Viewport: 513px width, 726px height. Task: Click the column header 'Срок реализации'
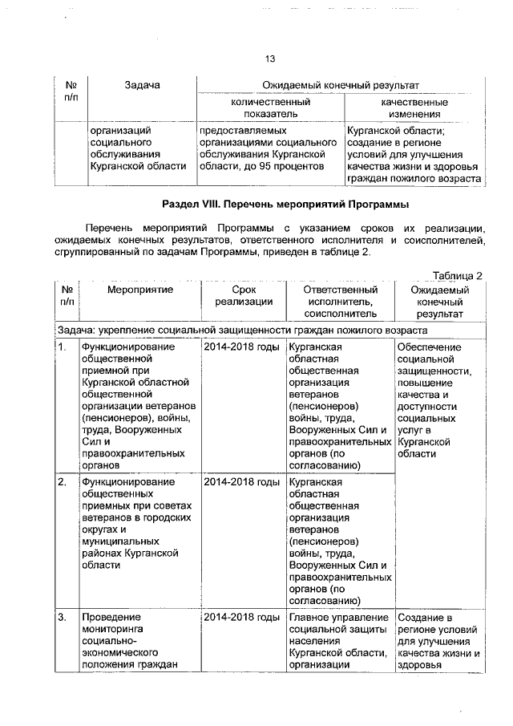click(x=242, y=295)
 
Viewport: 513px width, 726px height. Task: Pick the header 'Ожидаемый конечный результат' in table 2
click(x=439, y=302)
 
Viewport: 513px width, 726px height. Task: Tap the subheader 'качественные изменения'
click(x=414, y=108)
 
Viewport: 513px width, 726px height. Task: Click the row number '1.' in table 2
click(x=62, y=347)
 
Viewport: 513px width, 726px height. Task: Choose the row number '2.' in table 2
click(x=62, y=482)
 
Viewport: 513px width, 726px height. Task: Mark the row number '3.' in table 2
click(x=62, y=618)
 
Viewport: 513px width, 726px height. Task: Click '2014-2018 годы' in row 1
click(x=241, y=347)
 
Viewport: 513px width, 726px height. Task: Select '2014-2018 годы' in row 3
click(x=241, y=618)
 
